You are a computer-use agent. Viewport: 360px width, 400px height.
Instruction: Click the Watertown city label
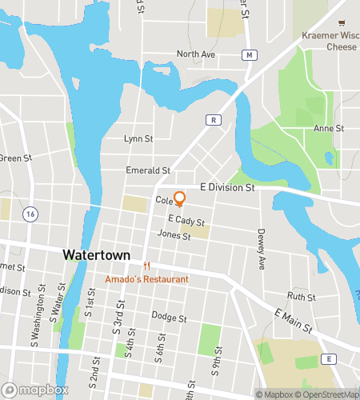coord(94,254)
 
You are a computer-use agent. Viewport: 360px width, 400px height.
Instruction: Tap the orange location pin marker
coord(180,199)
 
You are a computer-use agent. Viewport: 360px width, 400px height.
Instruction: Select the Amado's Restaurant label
coord(147,279)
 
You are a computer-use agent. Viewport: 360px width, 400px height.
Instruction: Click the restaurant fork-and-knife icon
coord(146,266)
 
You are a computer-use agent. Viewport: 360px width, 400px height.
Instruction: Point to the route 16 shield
coord(30,214)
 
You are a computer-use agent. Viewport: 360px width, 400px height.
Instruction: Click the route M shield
coord(250,54)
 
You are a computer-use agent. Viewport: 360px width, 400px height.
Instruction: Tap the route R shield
coord(214,120)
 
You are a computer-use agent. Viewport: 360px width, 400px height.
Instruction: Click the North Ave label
coord(196,54)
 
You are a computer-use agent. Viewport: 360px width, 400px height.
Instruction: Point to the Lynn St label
coord(138,138)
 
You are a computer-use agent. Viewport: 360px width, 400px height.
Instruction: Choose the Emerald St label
coord(149,170)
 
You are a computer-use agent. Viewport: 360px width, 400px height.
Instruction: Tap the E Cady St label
coord(186,220)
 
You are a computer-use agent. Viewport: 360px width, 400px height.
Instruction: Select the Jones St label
coord(174,235)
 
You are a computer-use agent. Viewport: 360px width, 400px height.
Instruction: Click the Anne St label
coord(328,128)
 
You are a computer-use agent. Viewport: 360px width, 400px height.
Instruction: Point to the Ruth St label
coord(302,296)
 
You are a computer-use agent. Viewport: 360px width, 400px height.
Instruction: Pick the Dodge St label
coord(169,318)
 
